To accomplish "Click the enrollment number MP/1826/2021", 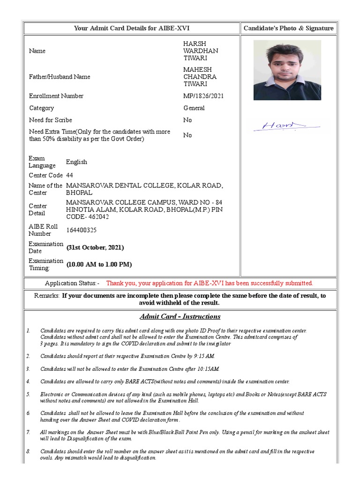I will coord(203,96).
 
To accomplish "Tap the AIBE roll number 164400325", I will coord(82,230).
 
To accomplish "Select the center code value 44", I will coord(69,175).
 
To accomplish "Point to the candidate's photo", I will coord(287,70).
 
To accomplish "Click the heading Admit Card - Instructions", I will coord(180,316).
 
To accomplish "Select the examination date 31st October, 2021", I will coord(95,247).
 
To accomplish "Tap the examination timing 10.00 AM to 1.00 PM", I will coord(99,264).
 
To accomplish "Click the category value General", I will coord(194,108).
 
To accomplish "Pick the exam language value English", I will coord(76,162).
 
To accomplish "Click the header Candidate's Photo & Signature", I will coord(288,28).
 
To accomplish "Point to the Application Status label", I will coord(72,284).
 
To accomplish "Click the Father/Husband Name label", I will coord(60,77).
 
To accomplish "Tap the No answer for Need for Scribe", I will coord(187,120).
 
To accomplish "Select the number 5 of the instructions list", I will coord(28,394).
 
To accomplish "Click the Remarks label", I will coord(47,296).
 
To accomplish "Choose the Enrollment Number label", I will coord(56,96).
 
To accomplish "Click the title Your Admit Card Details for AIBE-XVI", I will coord(132,28).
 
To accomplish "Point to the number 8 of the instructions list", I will coord(28,451).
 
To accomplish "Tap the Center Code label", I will coord(45,175).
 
